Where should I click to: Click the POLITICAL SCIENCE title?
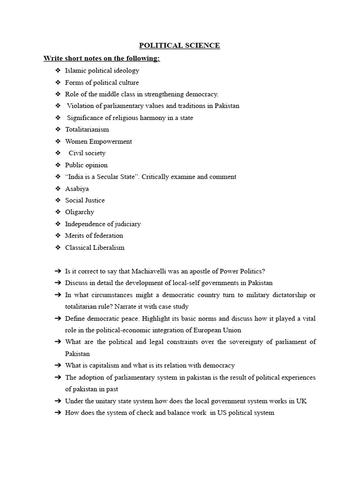180,45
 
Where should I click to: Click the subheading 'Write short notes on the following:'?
102,59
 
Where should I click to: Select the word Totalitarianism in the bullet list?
87,129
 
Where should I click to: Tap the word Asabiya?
77,188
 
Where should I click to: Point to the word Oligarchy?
79,212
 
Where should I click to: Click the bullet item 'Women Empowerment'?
98,141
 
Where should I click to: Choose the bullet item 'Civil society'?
87,153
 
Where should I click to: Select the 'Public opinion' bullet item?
86,165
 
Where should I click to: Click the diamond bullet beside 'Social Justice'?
58,200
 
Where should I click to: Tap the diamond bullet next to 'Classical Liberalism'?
58,247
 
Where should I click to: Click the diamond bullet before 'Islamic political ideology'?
58,71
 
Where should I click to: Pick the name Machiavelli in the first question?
159,271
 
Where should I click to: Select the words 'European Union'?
219,330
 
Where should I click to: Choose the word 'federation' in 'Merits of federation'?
107,235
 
